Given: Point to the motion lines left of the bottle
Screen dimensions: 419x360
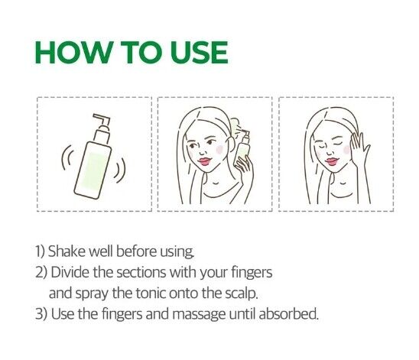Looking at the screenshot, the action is tap(67, 157).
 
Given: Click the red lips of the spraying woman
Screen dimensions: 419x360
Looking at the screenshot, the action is tap(205, 161).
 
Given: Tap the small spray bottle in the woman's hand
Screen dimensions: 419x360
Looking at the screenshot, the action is tap(242, 150).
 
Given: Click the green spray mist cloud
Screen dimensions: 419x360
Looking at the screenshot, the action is tap(235, 125).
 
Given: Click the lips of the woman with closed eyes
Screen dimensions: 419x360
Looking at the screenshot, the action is tap(331, 161).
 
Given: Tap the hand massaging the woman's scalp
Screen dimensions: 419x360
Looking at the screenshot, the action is tap(359, 150).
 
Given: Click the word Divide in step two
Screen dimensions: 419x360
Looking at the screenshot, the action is tap(70, 272).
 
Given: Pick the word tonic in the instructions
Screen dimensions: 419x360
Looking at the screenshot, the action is tap(151, 293).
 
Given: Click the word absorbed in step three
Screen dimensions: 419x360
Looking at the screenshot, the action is tap(288, 314).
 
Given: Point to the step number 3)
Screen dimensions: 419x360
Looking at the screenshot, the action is tap(41, 314).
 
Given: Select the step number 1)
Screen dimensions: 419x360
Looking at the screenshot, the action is tap(41, 251).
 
